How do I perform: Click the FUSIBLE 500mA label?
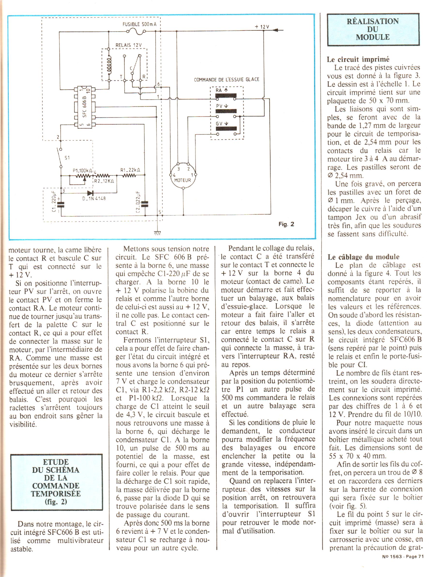click(x=139, y=24)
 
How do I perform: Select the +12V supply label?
click(x=262, y=27)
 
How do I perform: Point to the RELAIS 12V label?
click(x=129, y=45)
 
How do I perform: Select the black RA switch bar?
click(x=226, y=95)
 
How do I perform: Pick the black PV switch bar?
click(x=226, y=112)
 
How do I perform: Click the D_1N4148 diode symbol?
click(x=90, y=193)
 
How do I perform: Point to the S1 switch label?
click(x=67, y=158)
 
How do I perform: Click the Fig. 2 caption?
click(x=286, y=224)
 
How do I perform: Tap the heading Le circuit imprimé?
click(x=358, y=60)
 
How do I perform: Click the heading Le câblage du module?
click(x=363, y=257)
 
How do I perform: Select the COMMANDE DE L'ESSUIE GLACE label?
click(x=226, y=80)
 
